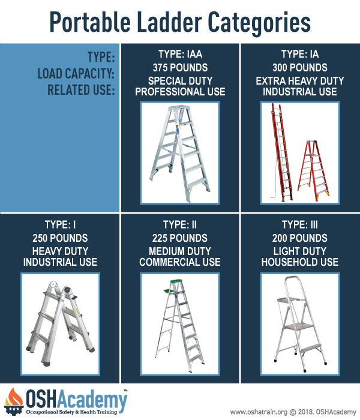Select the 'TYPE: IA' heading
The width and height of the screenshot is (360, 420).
(x=299, y=53)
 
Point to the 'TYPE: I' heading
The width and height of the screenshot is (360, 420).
(x=59, y=224)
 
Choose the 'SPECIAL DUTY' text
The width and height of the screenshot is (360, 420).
(x=179, y=79)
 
